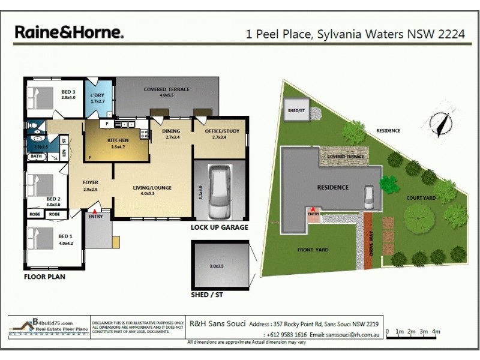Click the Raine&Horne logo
(x=68, y=32)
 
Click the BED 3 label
(x=67, y=92)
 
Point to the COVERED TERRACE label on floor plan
(x=166, y=89)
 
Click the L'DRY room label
(x=97, y=95)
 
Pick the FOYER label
(x=91, y=182)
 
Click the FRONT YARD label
(x=313, y=250)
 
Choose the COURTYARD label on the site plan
(x=420, y=197)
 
